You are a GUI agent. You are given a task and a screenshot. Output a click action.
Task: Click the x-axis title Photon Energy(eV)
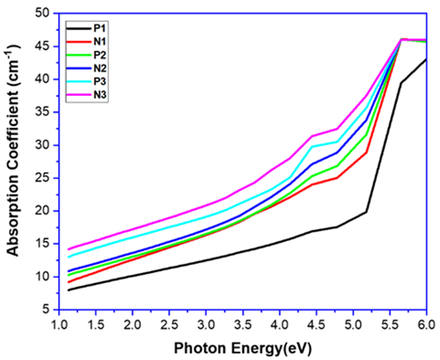[x=243, y=347]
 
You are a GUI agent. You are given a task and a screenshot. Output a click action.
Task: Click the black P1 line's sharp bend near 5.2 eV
[x=366, y=212]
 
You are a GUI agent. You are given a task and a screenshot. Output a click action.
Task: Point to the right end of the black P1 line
[x=426, y=59]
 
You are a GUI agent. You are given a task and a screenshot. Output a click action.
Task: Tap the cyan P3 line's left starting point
[x=68, y=257]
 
